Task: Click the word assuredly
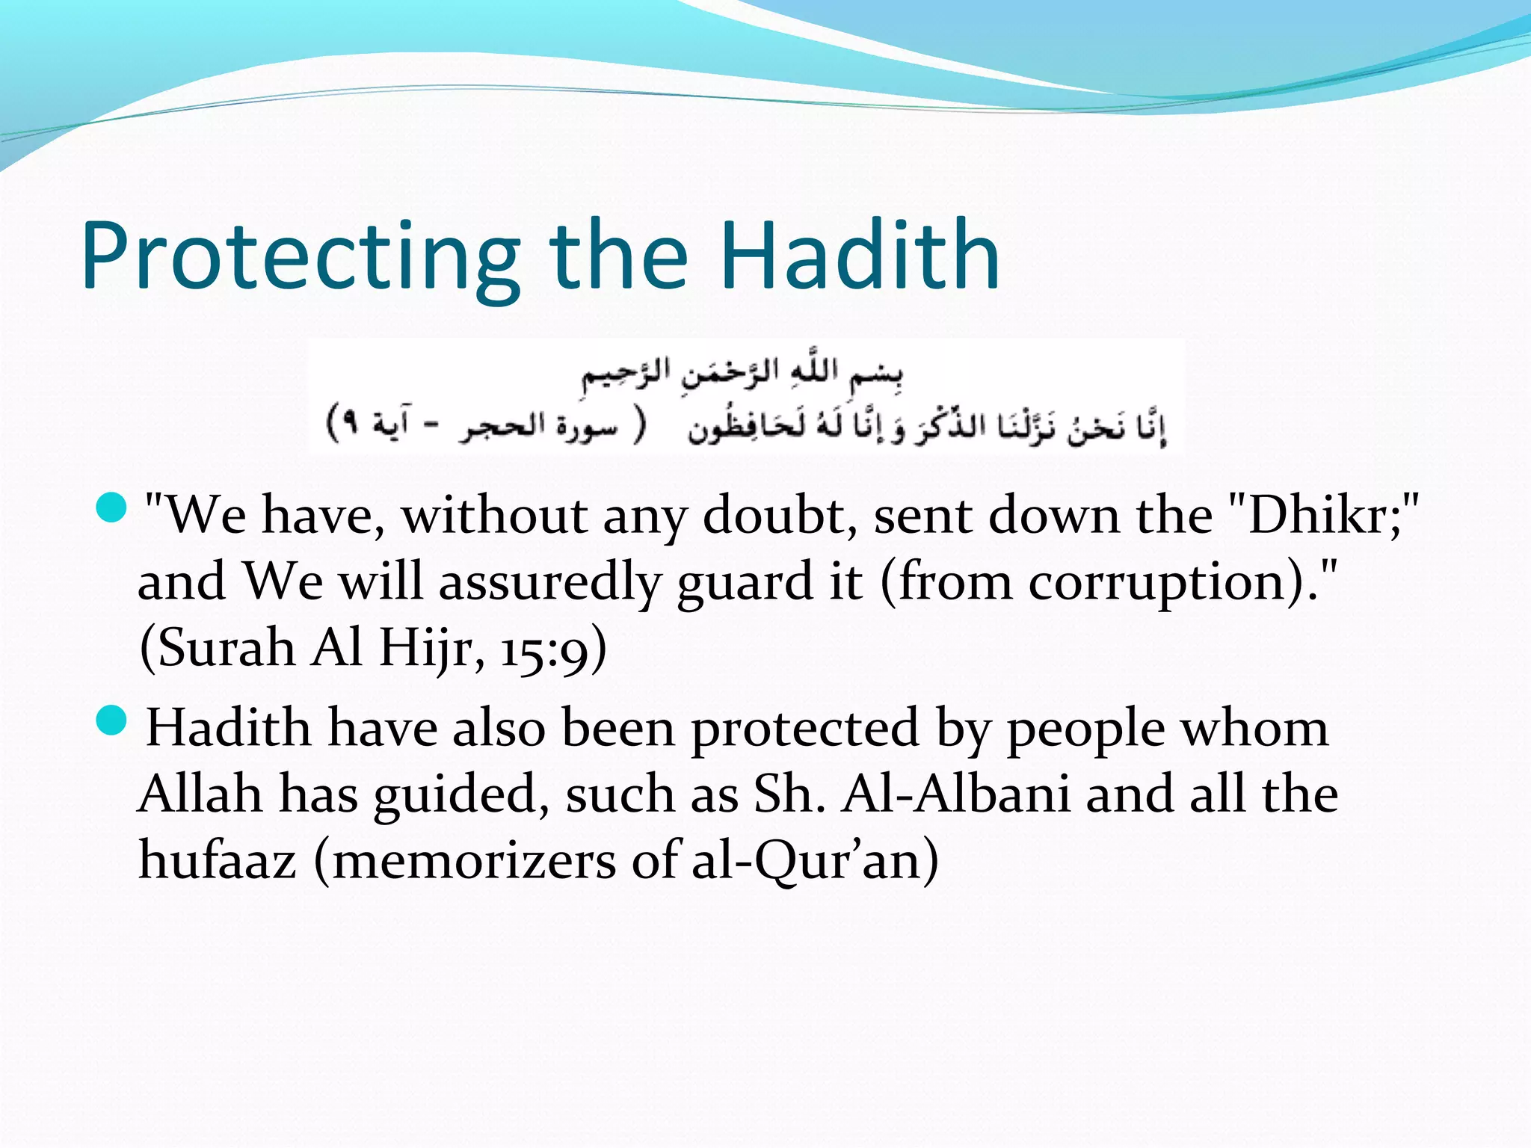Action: click(549, 581)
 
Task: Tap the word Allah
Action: click(200, 794)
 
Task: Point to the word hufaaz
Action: click(218, 860)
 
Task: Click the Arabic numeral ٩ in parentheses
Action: click(348, 425)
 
